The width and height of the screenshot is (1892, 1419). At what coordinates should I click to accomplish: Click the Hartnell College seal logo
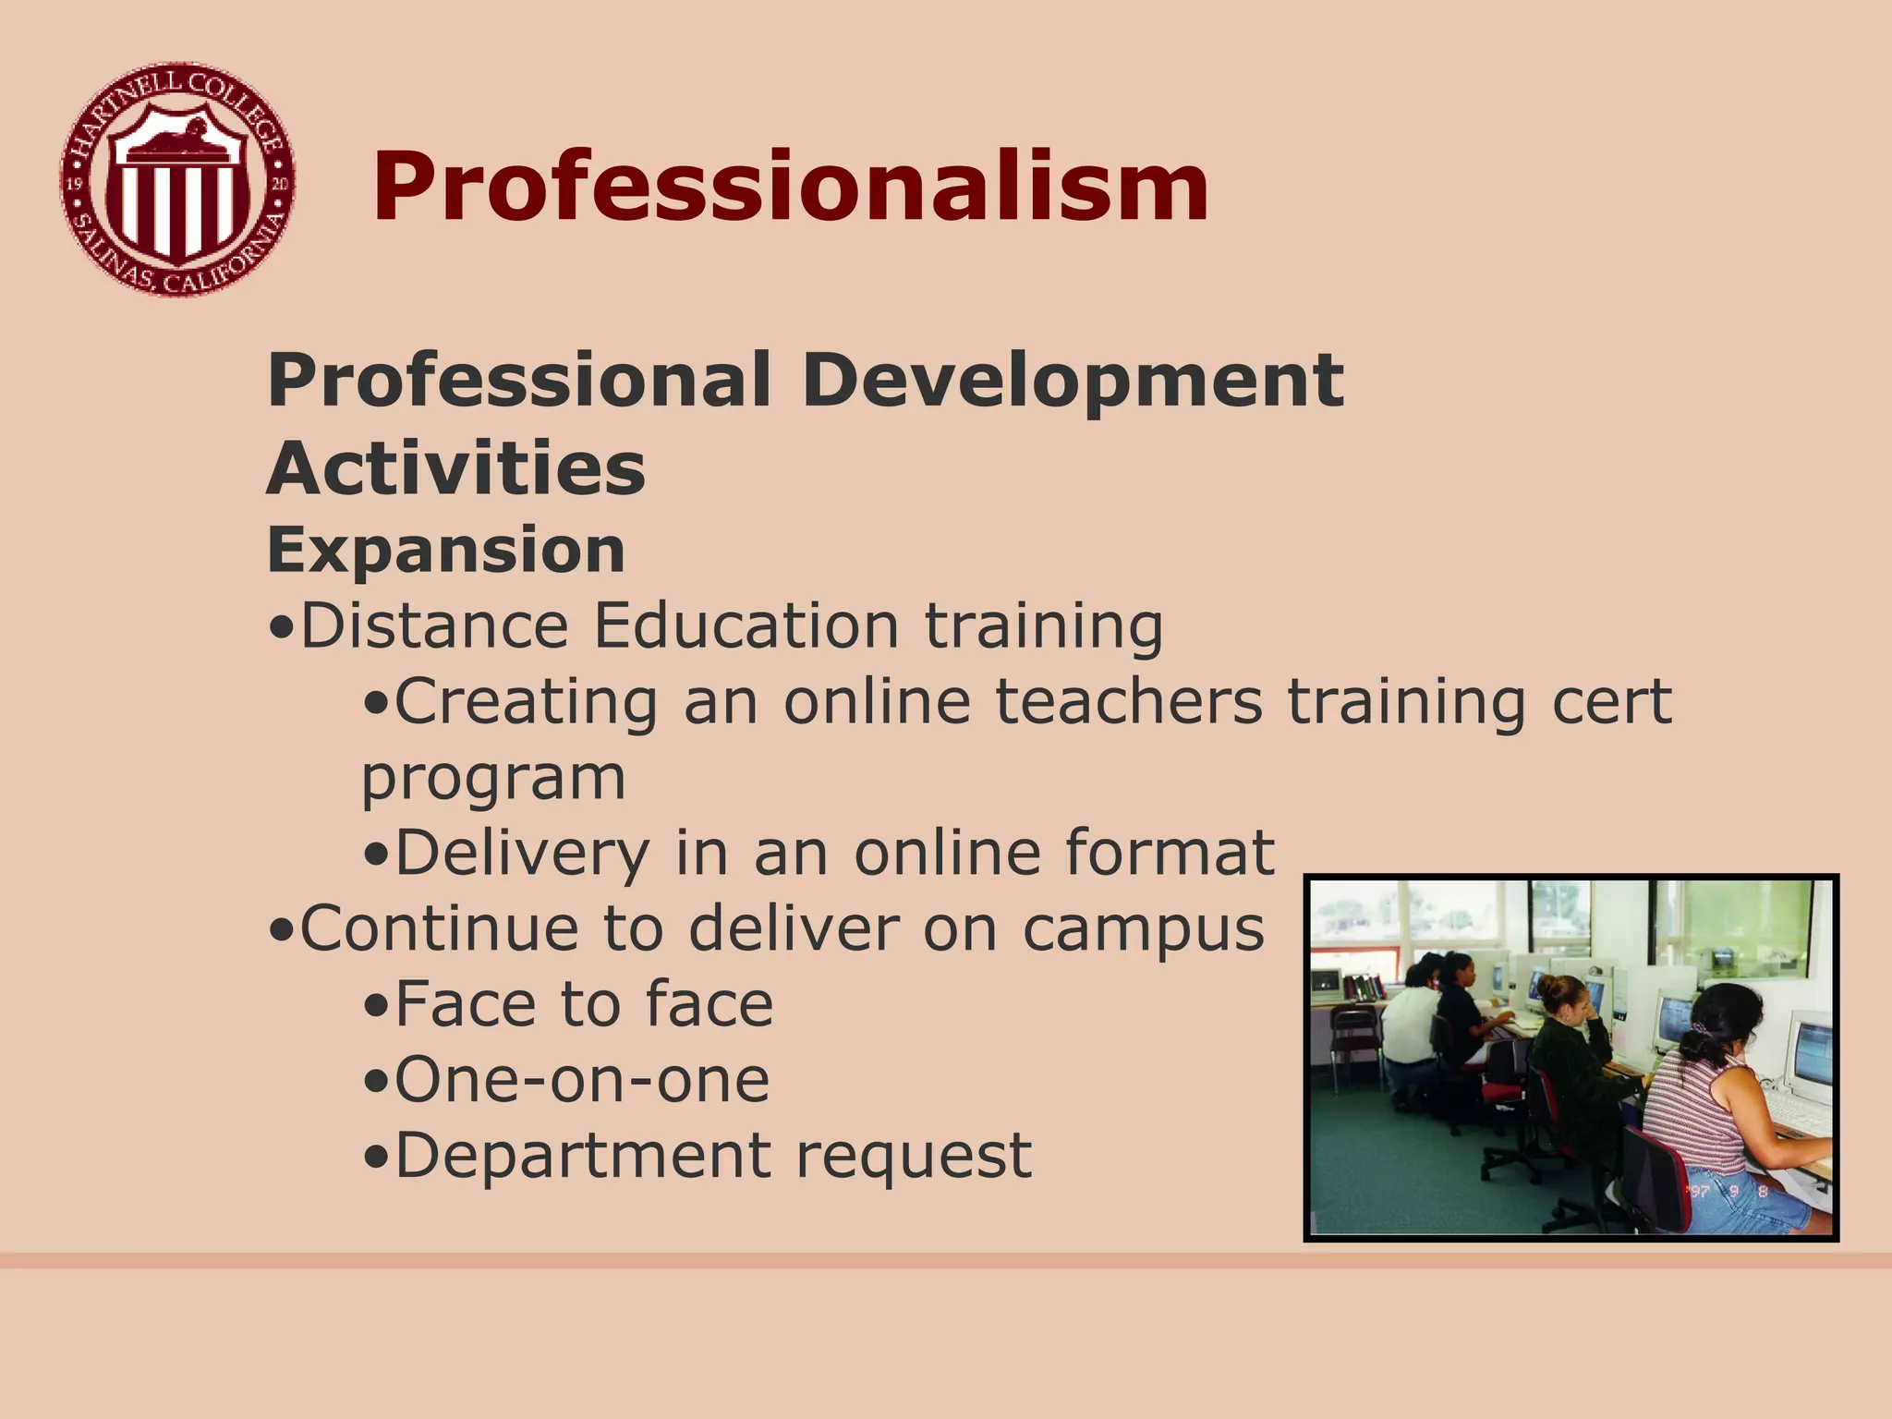pos(178,180)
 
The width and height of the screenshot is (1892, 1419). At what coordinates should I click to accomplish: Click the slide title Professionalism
pos(790,188)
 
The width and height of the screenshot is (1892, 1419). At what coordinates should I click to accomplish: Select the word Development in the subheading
pos(1072,381)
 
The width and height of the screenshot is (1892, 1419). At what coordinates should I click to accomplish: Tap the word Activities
pos(456,468)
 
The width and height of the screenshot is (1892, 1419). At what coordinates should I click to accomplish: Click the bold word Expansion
pos(446,551)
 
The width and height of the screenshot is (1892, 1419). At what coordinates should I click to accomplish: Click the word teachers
pos(1128,702)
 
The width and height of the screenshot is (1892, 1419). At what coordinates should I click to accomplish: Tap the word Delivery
pos(523,853)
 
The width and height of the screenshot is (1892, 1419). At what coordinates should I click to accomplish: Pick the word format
pos(1170,853)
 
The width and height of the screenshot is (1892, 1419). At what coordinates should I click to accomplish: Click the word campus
pos(1143,928)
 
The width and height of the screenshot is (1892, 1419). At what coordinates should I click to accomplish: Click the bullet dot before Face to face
pos(376,1007)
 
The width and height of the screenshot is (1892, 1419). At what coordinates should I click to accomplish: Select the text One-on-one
pos(582,1080)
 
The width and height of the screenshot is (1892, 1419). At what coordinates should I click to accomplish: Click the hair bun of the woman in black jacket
pos(1562,991)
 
